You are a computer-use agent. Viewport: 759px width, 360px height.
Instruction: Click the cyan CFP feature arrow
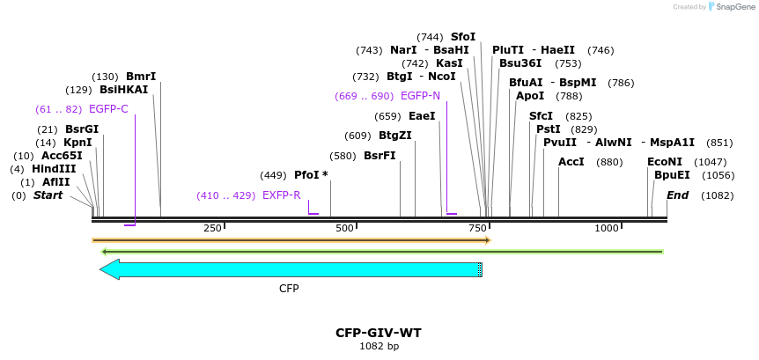point(291,269)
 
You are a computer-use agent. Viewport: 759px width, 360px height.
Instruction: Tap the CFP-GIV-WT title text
point(379,333)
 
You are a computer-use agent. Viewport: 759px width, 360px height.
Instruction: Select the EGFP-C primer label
point(108,109)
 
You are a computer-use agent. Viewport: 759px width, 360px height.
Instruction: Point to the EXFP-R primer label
point(281,195)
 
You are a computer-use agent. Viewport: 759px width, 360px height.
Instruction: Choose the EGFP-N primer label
point(420,96)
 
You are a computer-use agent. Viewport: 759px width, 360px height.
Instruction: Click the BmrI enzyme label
point(141,77)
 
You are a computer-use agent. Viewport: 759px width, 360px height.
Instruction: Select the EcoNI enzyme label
point(665,162)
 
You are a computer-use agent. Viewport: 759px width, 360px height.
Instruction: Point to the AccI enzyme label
point(571,162)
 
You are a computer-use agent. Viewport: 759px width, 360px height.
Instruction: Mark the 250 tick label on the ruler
point(212,229)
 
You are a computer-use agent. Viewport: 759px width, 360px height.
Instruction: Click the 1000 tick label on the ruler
point(607,229)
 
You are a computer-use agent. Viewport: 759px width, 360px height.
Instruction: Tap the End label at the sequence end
point(677,195)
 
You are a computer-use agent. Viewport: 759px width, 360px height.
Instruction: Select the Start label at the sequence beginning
point(48,195)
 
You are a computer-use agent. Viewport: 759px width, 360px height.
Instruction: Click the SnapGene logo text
point(733,7)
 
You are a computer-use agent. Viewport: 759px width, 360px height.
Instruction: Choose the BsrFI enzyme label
point(379,156)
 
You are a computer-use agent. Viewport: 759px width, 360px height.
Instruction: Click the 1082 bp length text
point(379,347)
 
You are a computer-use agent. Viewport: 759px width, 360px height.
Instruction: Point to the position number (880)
point(609,162)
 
